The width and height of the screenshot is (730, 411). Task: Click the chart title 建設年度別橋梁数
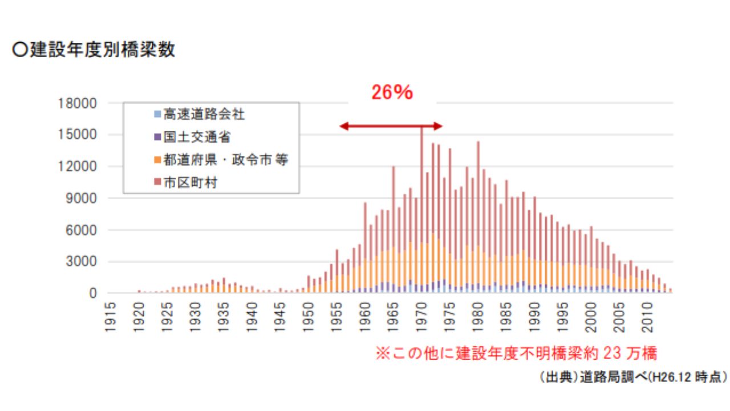coord(94,50)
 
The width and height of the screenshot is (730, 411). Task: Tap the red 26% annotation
coord(392,92)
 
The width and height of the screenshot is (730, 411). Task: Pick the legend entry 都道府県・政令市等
coord(225,160)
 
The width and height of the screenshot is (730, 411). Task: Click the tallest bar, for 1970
coord(421,211)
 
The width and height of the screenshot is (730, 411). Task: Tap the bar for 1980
coord(478,217)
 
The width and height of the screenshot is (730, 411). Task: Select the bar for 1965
coord(394,228)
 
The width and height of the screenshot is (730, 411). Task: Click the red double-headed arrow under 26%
coord(391,126)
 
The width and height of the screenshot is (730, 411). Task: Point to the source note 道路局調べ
coord(632,377)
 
